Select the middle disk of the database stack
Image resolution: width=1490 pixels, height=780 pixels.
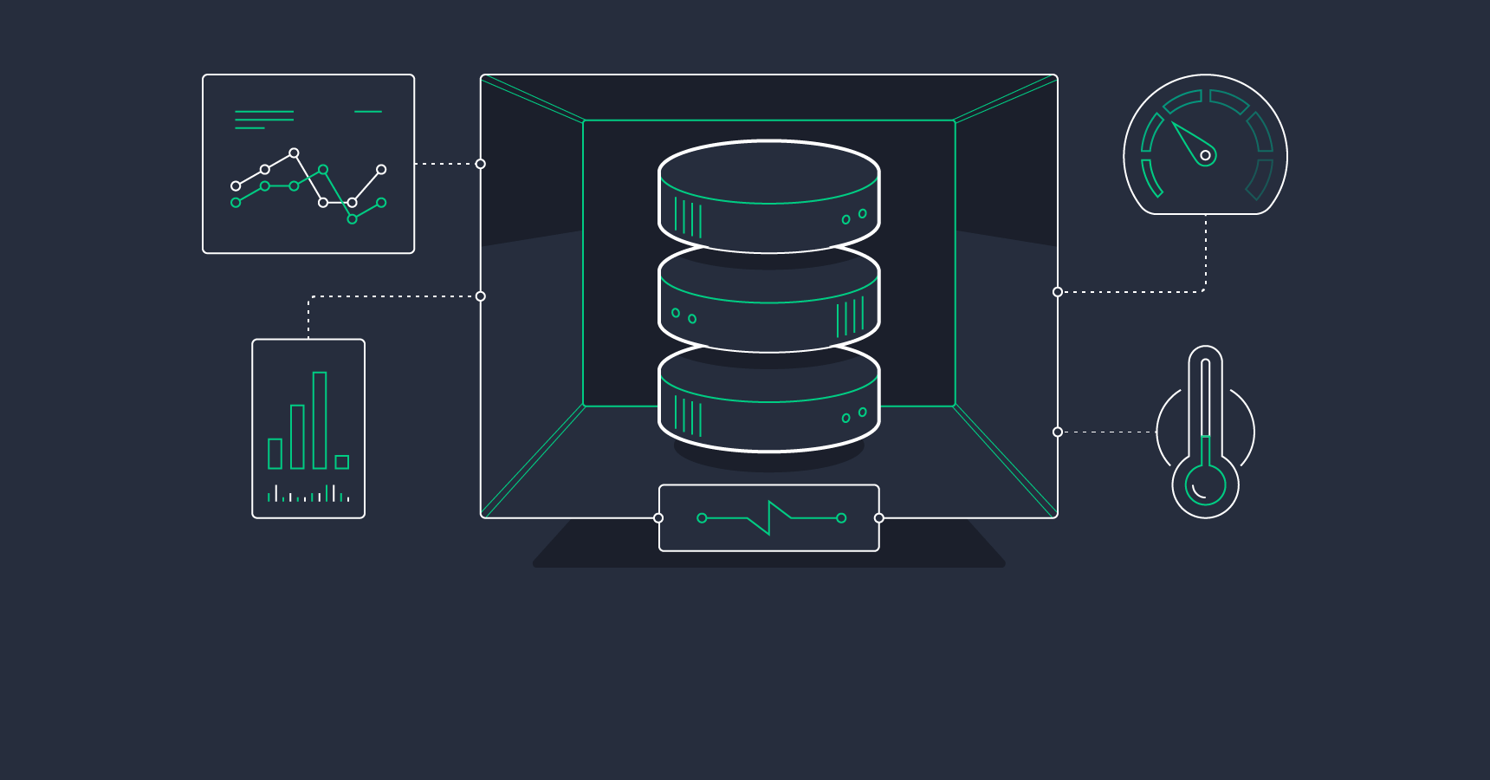[768, 303]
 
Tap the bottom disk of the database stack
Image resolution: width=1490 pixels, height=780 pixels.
[768, 403]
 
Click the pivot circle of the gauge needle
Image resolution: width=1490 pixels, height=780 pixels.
[1205, 155]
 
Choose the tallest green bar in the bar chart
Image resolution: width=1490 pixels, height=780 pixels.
[320, 420]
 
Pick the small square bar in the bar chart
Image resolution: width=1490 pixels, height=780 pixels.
[342, 462]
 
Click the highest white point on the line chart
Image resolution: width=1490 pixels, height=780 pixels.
[294, 153]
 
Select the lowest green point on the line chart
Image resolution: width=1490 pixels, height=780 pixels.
[352, 219]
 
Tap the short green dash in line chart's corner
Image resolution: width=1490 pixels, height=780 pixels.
[368, 112]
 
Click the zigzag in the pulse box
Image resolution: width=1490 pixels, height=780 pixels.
[769, 517]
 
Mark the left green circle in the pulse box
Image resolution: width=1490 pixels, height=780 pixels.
[702, 518]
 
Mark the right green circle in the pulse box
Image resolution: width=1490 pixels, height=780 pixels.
[841, 518]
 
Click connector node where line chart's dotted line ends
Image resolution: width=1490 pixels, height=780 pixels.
[481, 164]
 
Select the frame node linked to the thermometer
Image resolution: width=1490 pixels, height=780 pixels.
[1058, 432]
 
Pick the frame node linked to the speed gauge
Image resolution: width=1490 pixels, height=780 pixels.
[1058, 292]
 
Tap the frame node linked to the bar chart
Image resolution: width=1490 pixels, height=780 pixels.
[481, 296]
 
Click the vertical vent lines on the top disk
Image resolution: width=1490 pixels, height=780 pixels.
[688, 218]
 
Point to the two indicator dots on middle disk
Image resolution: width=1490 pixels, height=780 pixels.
[683, 316]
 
